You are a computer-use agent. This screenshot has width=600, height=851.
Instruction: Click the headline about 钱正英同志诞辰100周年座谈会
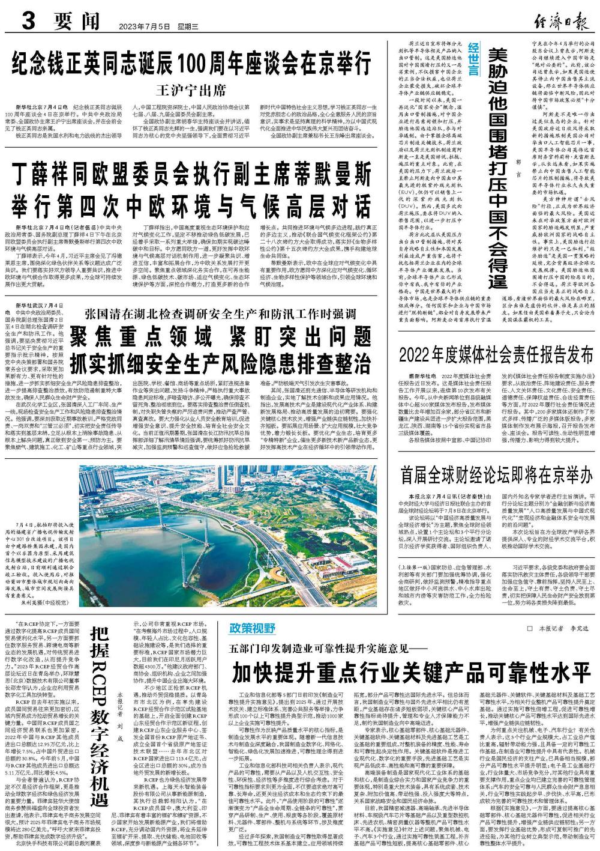pos(190,63)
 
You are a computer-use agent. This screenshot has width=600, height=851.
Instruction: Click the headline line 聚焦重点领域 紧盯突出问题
pos(220,337)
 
